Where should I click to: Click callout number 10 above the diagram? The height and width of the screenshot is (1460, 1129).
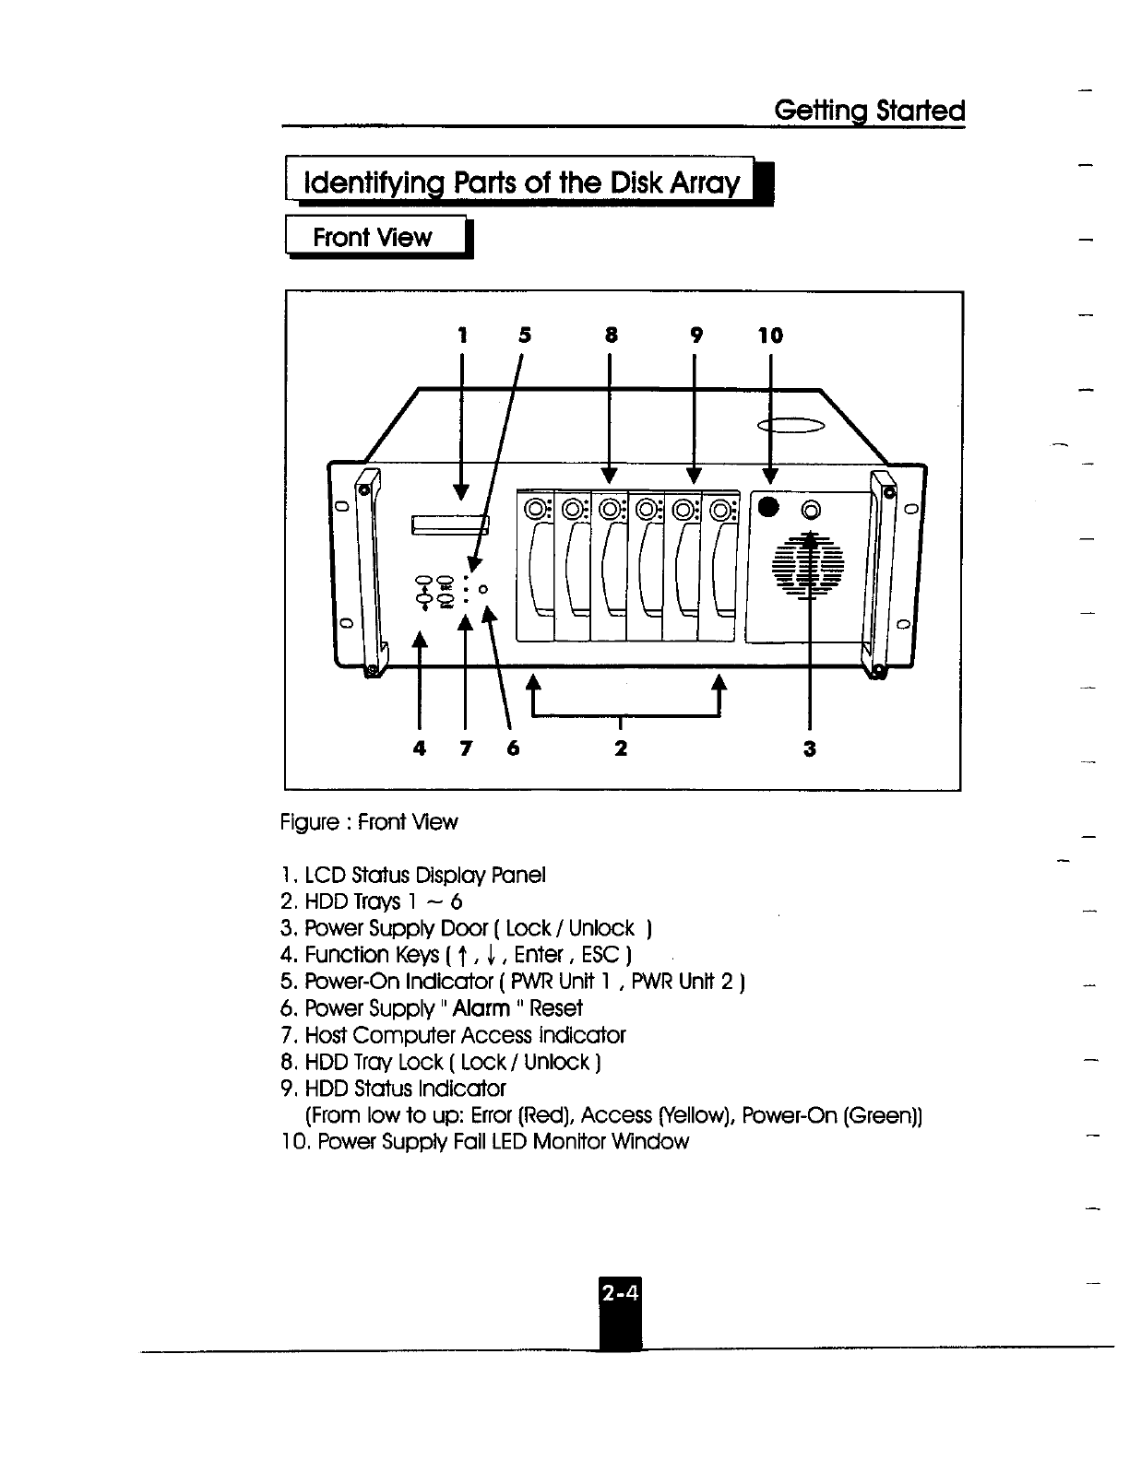coord(770,336)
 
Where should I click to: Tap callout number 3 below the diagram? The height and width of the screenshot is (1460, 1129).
coord(809,748)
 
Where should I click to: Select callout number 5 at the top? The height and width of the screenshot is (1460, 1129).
coord(524,336)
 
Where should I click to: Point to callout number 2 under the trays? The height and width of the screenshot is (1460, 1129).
coord(621,748)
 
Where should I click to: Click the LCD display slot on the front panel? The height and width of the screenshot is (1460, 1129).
coord(450,525)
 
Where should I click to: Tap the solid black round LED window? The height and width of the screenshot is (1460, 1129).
coord(768,508)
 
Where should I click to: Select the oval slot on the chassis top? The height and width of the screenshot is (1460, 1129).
coord(790,425)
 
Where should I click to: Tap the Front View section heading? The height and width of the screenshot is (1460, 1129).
coord(372,237)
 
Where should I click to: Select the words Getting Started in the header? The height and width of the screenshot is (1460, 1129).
coord(869,112)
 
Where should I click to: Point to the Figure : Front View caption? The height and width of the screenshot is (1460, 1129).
coord(369,822)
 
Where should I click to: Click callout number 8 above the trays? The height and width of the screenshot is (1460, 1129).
coord(610,336)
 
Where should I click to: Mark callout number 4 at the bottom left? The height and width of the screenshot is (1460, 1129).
coord(420,748)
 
